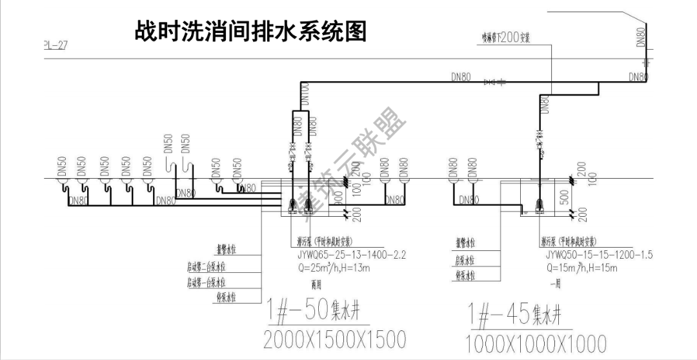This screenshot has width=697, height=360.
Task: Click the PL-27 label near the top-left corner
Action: [x=55, y=45]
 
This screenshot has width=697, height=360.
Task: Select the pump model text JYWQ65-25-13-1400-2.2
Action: [x=348, y=255]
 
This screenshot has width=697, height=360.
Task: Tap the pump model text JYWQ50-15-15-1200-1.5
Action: [x=597, y=255]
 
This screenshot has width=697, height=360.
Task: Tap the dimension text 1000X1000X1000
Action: [x=536, y=343]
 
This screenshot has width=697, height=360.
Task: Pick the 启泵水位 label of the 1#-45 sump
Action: [x=465, y=261]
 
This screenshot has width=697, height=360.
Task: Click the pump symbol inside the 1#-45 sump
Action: [x=539, y=206]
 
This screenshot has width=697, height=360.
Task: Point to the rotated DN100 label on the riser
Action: [x=305, y=94]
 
